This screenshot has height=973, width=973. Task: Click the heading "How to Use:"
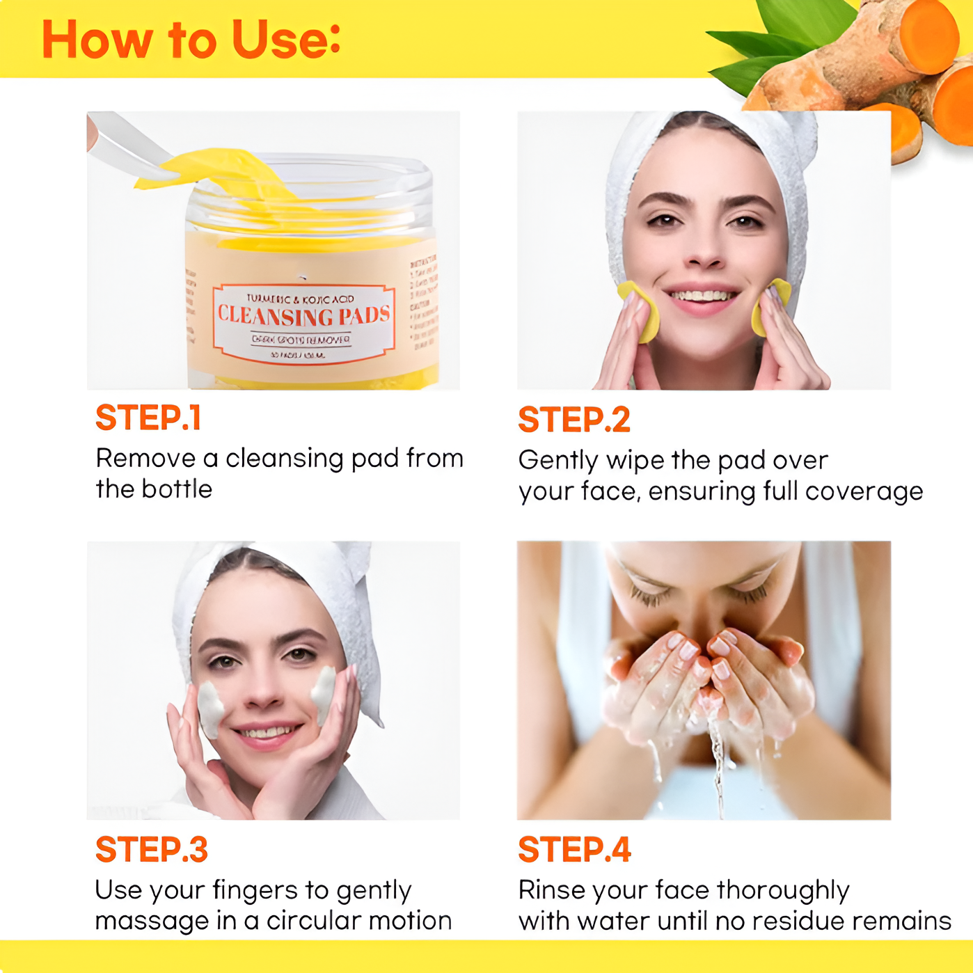pos(191,40)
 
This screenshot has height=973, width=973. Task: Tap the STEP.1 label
pos(148,418)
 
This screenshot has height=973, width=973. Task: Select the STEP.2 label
pos(574,420)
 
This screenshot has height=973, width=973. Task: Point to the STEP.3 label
pos(151,850)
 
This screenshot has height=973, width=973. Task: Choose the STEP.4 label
pos(574,850)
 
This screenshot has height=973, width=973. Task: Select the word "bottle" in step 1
pos(177,489)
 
